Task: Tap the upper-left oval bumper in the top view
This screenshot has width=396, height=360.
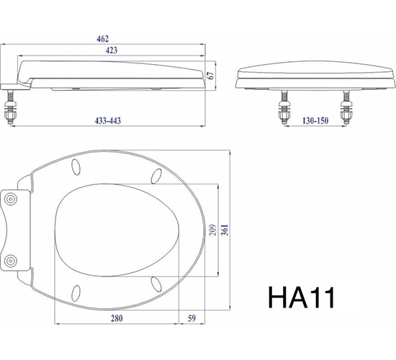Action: [76, 168]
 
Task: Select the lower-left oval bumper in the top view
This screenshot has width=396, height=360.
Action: [76, 292]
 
